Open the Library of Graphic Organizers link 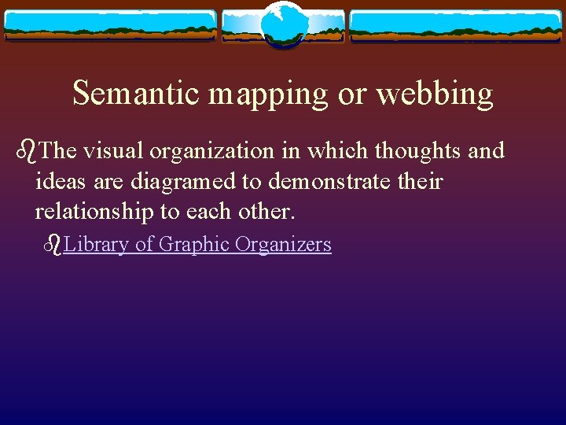[x=197, y=245]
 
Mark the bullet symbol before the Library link [x=53, y=245]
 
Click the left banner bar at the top [x=110, y=25]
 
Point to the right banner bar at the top [x=456, y=25]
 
